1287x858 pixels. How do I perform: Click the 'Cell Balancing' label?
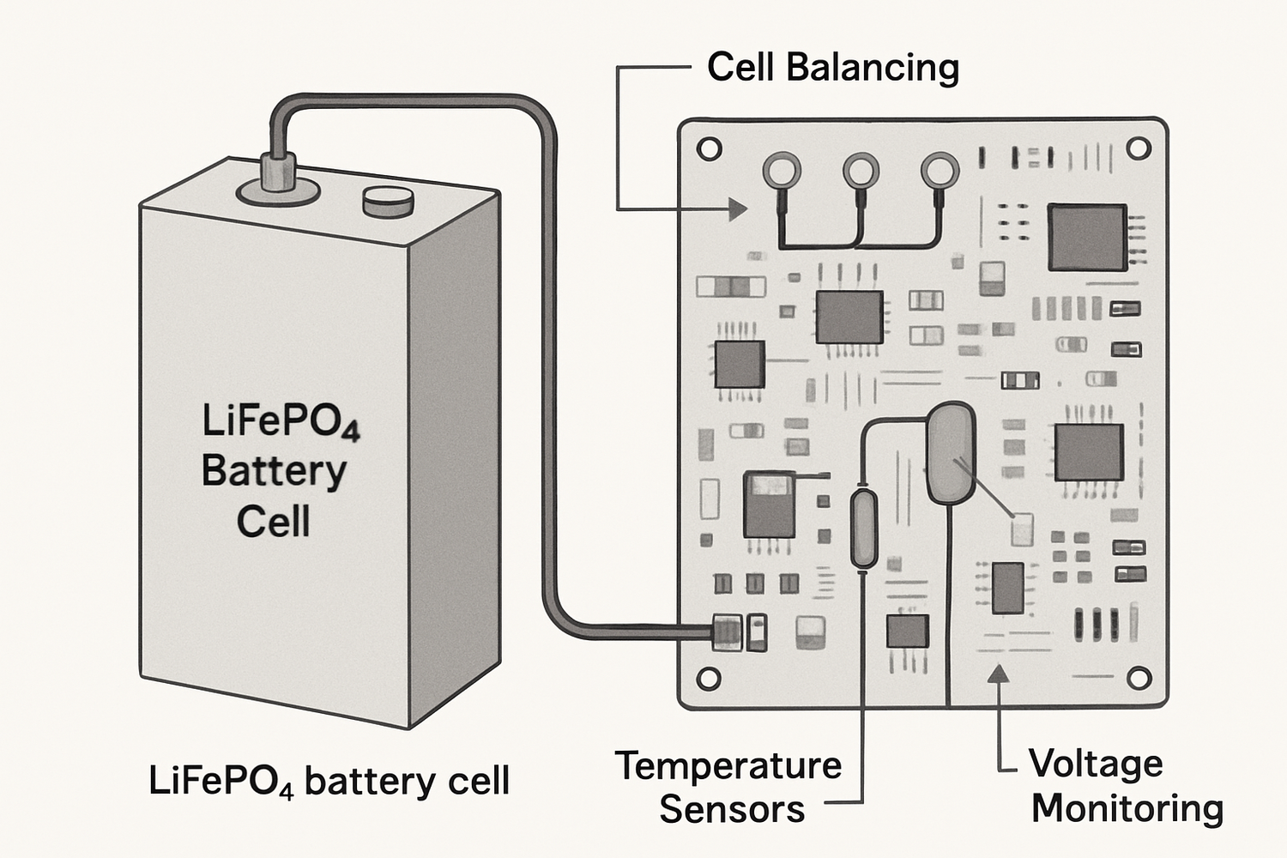[x=831, y=68]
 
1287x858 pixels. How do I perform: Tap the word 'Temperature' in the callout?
[x=728, y=765]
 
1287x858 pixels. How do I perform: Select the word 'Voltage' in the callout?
[x=1096, y=763]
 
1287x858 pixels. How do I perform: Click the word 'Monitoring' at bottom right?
[x=1127, y=808]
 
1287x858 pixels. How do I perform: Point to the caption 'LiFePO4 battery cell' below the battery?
[x=329, y=781]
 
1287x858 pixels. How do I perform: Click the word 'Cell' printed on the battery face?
[x=273, y=522]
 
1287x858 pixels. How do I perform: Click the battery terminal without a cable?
[x=388, y=202]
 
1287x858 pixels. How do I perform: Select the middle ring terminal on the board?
[x=861, y=171]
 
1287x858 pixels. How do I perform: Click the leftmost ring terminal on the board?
[x=782, y=170]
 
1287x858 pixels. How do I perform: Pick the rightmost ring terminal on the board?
[x=940, y=171]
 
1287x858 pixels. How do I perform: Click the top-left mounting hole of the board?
[x=709, y=149]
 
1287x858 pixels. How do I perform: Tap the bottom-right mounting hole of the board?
[x=1138, y=678]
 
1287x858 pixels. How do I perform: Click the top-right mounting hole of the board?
[x=1138, y=149]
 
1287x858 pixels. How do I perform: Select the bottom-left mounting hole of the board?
[x=709, y=678]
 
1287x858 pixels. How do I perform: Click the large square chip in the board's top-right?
[x=1087, y=238]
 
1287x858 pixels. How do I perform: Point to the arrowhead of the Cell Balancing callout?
[x=737, y=208]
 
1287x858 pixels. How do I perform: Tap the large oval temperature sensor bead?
[x=950, y=452]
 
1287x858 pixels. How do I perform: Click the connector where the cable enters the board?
[x=726, y=632]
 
